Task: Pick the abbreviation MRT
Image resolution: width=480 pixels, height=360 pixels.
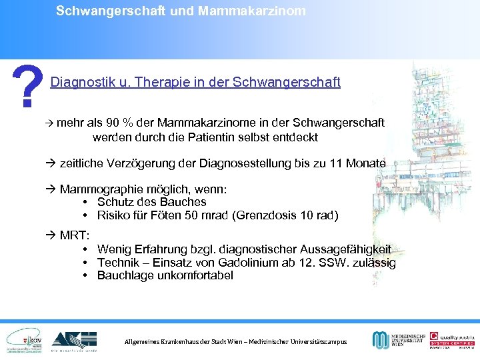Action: click(x=75, y=236)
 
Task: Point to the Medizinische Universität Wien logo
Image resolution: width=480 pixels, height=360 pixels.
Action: click(x=397, y=339)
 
